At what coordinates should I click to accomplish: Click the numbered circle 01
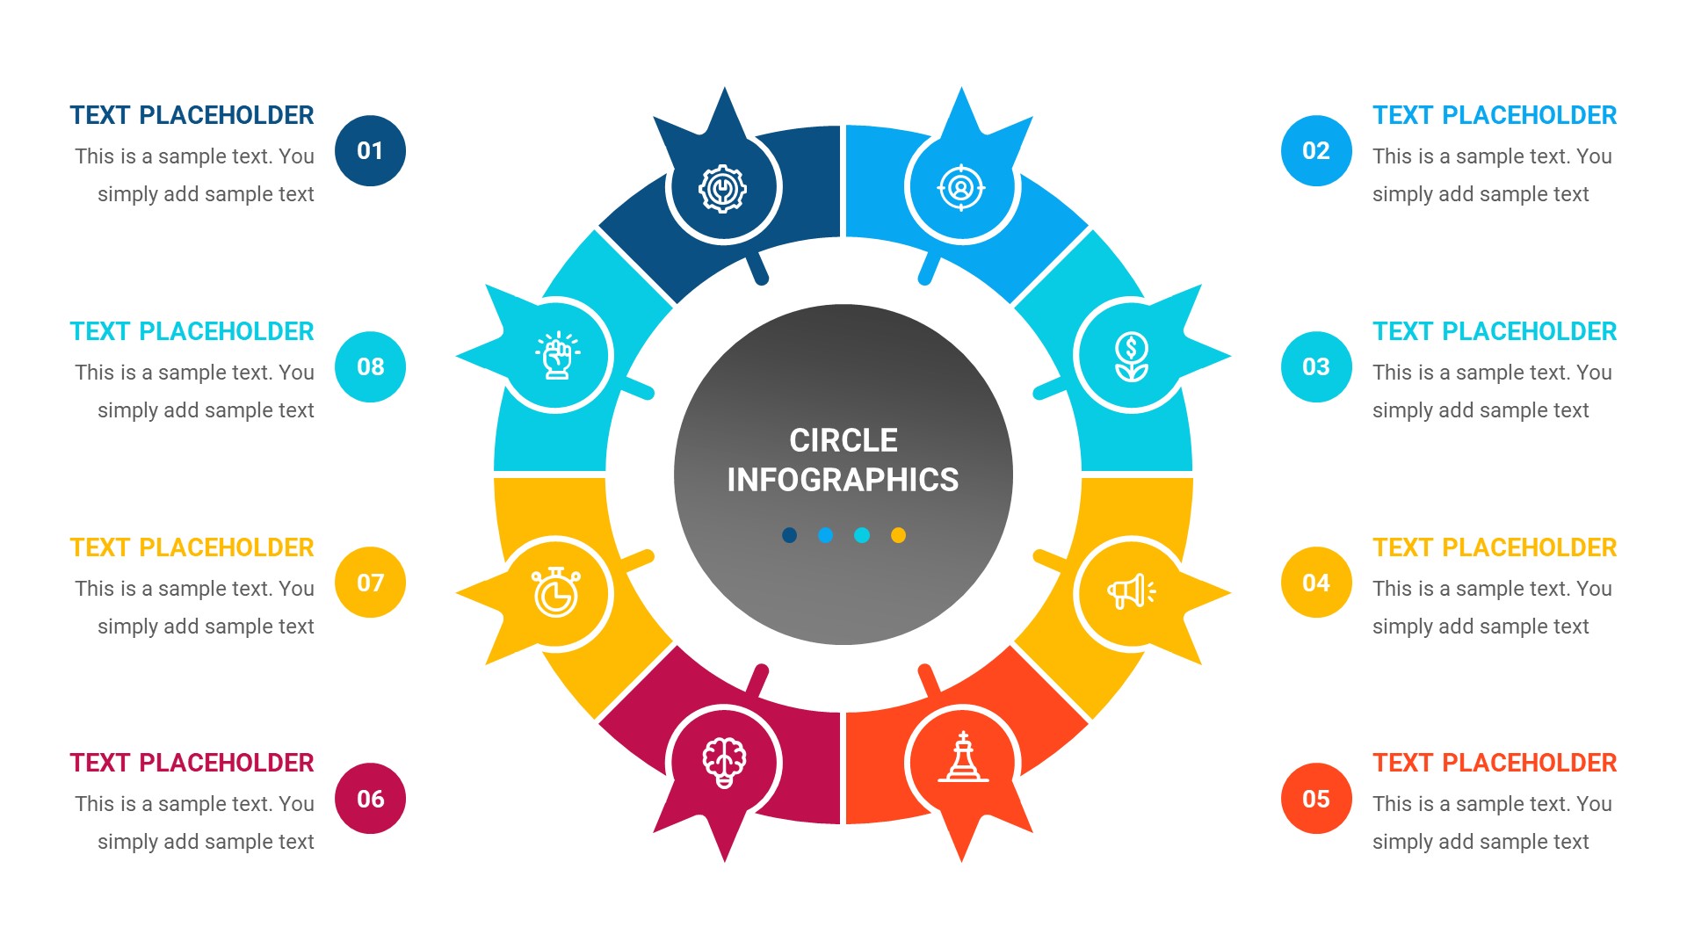pyautogui.click(x=370, y=151)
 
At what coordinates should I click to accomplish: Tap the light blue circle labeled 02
pyautogui.click(x=1315, y=151)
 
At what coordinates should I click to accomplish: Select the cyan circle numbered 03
pyautogui.click(x=1315, y=367)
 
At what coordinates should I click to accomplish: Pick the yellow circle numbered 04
pyautogui.click(x=1315, y=583)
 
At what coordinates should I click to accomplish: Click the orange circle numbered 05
pyautogui.click(x=1315, y=799)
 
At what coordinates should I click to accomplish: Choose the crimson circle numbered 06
pyautogui.click(x=370, y=799)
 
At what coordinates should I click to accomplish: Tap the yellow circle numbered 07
pyautogui.click(x=370, y=583)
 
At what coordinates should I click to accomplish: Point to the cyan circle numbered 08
pyautogui.click(x=370, y=367)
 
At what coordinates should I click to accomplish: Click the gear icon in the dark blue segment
pyautogui.click(x=722, y=188)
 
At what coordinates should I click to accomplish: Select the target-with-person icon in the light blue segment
pyautogui.click(x=961, y=187)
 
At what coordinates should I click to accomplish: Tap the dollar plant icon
pyautogui.click(x=1131, y=357)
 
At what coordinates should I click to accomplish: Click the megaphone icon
pyautogui.click(x=1131, y=591)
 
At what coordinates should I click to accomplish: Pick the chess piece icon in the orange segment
pyautogui.click(x=963, y=757)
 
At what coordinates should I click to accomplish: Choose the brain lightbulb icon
pyautogui.click(x=724, y=761)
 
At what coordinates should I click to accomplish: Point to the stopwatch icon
pyautogui.click(x=555, y=592)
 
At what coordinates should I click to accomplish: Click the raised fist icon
pyautogui.click(x=557, y=356)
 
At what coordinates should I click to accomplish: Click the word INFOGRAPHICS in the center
pyautogui.click(x=843, y=480)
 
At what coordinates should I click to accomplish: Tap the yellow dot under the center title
pyautogui.click(x=898, y=535)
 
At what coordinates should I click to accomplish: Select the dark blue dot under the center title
pyautogui.click(x=789, y=535)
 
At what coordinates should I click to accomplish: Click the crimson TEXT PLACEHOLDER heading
pyautogui.click(x=192, y=763)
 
